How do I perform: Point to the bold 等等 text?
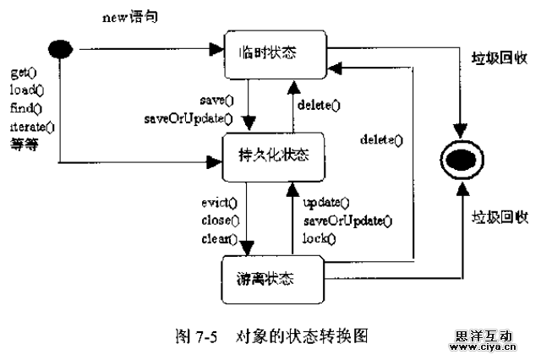click(25, 144)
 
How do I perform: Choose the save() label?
click(216, 100)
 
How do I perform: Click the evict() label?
click(219, 203)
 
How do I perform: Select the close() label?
click(219, 221)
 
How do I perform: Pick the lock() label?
click(319, 239)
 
